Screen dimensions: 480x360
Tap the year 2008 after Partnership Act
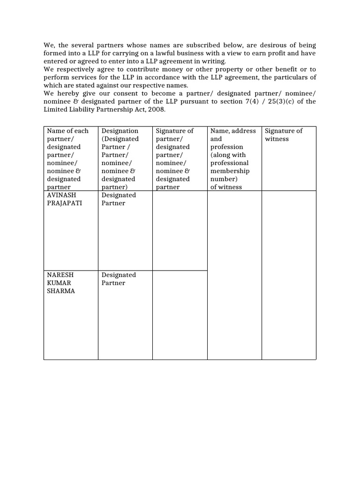(x=157, y=109)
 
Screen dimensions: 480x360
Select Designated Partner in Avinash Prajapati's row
(x=119, y=199)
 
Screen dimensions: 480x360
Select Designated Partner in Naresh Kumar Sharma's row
(x=119, y=279)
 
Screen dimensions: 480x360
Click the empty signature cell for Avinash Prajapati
(x=180, y=230)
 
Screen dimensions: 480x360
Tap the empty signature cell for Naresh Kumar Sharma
(x=180, y=315)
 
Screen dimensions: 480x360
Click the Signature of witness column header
(x=284, y=135)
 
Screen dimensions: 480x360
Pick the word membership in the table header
(x=230, y=171)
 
